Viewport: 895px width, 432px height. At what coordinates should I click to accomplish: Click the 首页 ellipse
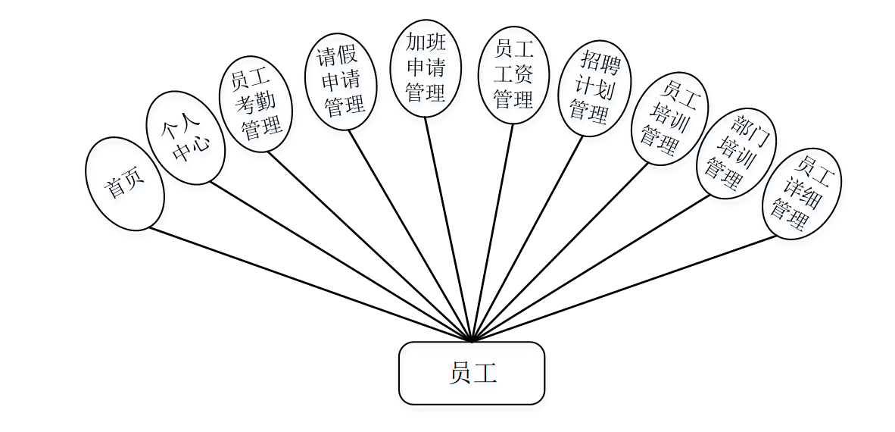[125, 184]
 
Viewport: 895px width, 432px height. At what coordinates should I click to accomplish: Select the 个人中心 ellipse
[186, 138]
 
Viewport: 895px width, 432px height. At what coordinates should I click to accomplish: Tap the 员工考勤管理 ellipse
[256, 103]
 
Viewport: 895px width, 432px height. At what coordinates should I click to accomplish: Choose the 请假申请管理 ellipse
[341, 81]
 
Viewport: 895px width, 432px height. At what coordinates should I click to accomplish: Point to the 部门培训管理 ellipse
[736, 153]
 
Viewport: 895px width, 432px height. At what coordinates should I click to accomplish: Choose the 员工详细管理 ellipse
[801, 193]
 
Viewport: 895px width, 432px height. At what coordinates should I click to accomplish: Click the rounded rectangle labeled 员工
[472, 373]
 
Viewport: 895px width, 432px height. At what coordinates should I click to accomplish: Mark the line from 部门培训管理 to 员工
[591, 268]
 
